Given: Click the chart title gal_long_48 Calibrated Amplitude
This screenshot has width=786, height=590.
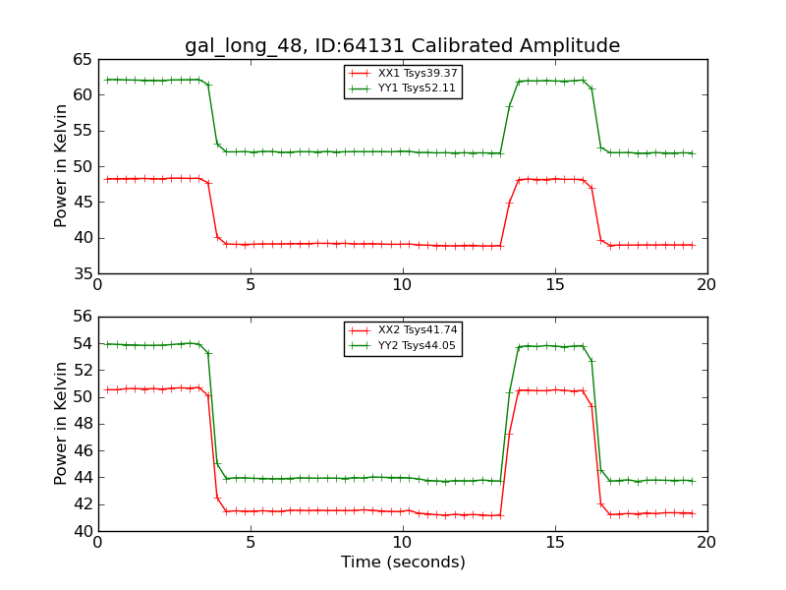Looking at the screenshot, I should (402, 46).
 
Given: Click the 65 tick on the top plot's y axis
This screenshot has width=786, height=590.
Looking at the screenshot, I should (81, 59).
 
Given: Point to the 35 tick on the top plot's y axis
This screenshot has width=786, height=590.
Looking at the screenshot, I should (81, 273).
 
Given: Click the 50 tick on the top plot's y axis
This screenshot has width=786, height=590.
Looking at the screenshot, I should (81, 166).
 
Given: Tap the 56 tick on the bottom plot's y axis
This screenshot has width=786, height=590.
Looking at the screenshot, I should (81, 317).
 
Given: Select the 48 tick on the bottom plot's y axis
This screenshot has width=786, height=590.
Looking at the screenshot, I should (81, 424).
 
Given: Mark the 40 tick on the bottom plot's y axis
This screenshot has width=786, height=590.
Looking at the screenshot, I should (81, 531).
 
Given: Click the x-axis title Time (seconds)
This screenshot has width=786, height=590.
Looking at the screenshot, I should (403, 562).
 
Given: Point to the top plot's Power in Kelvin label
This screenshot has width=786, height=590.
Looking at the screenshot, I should (61, 166).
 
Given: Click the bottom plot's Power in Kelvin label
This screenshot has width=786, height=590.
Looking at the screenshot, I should (61, 424).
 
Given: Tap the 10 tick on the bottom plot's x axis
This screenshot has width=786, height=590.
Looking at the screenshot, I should (403, 542).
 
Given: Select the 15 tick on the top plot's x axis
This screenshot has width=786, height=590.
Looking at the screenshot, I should (555, 284).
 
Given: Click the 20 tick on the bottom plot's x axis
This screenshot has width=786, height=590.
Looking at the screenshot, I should (707, 542).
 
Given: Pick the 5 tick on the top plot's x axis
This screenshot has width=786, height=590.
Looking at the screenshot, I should (251, 284).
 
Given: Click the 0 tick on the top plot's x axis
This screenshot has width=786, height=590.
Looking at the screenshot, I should (98, 284).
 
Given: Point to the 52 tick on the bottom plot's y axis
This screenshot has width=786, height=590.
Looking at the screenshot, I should (81, 371).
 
